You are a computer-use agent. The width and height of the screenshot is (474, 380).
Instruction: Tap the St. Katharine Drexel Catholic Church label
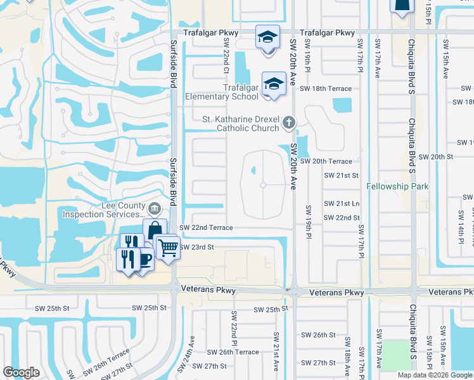[x=240, y=123]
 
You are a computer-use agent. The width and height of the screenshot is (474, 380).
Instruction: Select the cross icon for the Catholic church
[x=289, y=122]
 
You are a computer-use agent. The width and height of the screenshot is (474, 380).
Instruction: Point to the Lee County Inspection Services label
[x=103, y=210]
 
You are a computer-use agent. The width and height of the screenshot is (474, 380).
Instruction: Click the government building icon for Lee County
[x=154, y=208]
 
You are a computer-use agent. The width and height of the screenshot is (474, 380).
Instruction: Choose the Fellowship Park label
[x=398, y=187]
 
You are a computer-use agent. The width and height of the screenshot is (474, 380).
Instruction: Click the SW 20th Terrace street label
[x=326, y=161]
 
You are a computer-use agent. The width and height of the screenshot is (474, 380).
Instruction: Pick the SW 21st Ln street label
[x=342, y=203]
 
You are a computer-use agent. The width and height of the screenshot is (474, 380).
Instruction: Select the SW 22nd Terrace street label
[x=206, y=227]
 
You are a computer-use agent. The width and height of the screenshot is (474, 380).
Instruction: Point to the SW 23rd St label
[x=197, y=247]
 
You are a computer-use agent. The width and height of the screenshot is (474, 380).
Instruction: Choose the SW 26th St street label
[x=317, y=334]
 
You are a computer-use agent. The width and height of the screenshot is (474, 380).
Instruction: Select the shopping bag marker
[x=155, y=231]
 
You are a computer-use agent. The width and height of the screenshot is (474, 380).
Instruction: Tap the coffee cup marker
[x=144, y=260]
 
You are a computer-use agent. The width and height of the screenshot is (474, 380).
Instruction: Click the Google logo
[x=21, y=372]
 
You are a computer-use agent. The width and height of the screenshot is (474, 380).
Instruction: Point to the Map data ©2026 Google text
[x=434, y=375]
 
